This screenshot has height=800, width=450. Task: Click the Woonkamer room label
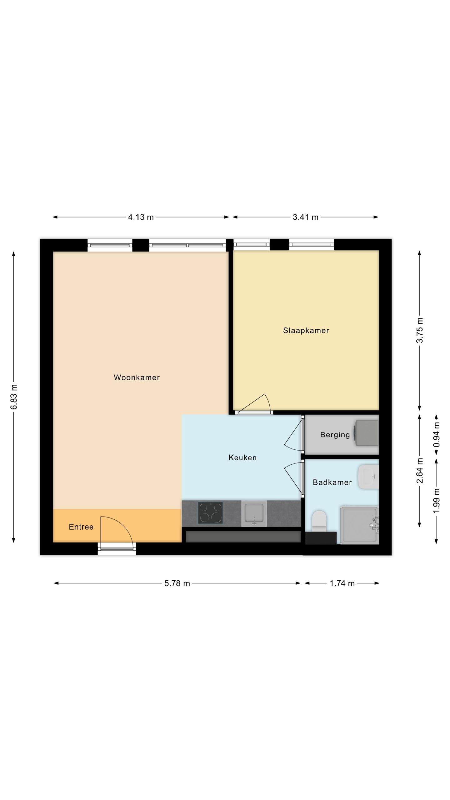tap(137, 377)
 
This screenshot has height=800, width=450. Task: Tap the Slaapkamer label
tap(306, 330)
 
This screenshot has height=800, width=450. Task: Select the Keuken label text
tap(242, 458)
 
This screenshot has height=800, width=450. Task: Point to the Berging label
tap(335, 435)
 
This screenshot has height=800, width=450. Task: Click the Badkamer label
tap(332, 482)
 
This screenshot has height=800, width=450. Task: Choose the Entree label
tap(81, 527)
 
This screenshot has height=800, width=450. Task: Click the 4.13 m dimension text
tap(141, 217)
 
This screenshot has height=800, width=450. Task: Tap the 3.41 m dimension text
tap(305, 217)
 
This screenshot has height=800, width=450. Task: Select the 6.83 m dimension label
tap(14, 397)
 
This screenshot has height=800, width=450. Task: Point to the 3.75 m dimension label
tap(420, 330)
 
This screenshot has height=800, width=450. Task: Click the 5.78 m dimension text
tap(177, 583)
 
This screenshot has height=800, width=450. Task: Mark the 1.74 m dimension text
tap(342, 583)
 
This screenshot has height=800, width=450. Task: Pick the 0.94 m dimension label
tap(437, 435)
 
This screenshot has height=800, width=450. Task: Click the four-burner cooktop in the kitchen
tap(210, 513)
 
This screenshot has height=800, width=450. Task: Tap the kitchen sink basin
tap(254, 513)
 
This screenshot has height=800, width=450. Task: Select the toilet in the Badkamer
tap(319, 520)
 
